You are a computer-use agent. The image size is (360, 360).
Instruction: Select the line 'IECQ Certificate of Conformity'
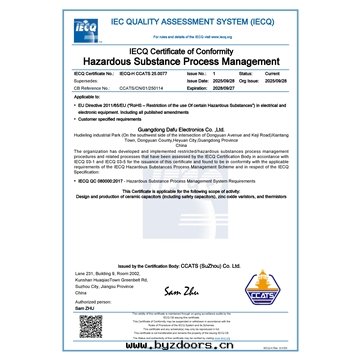coord(181,50)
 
